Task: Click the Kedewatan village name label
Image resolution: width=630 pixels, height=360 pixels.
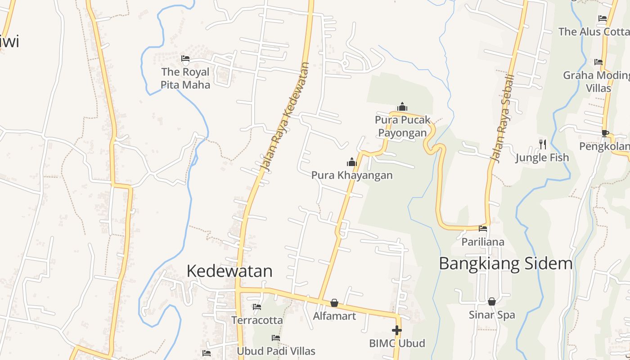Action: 229,271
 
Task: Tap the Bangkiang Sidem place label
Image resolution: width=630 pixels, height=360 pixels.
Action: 505,263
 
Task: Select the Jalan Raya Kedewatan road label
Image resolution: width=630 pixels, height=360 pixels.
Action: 285,117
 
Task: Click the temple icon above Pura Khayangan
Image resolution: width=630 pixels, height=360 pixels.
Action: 351,162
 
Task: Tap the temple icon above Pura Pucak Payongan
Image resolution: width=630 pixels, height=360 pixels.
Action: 402,107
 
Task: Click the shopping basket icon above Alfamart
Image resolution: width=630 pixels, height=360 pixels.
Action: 334,303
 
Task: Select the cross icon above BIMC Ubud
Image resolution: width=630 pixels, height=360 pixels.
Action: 396,330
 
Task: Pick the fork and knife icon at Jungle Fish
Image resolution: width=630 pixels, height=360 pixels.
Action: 543,144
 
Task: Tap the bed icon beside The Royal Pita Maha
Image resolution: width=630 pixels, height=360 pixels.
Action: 185,58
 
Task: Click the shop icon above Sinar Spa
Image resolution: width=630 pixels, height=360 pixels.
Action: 492,301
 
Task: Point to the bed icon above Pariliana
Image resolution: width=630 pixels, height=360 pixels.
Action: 483,229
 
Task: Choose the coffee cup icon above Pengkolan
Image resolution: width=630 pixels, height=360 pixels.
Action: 605,133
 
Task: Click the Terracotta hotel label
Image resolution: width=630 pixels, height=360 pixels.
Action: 257,320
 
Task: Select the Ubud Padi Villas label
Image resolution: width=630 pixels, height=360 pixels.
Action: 276,351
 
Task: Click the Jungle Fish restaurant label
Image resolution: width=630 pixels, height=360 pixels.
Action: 542,157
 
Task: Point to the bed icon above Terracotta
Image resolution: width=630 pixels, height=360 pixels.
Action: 257,307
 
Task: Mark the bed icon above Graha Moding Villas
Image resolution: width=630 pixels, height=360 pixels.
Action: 598,62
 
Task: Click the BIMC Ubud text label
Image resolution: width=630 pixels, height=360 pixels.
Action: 397,343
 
